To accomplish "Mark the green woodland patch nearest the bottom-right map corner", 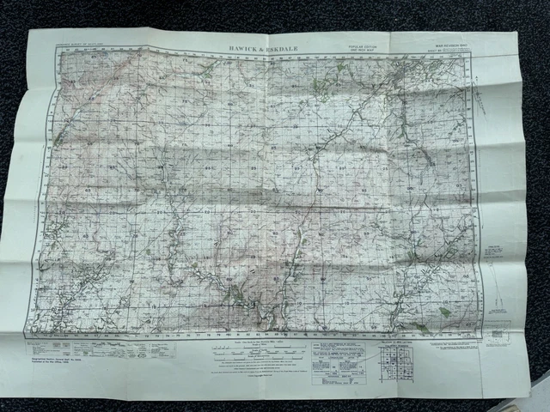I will tap(444, 312).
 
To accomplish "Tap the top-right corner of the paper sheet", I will tap(516, 33).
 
